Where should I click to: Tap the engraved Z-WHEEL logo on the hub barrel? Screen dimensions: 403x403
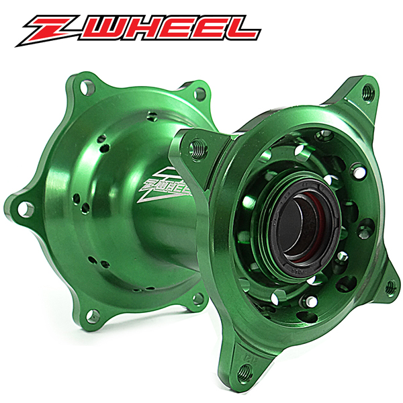coord(165,185)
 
